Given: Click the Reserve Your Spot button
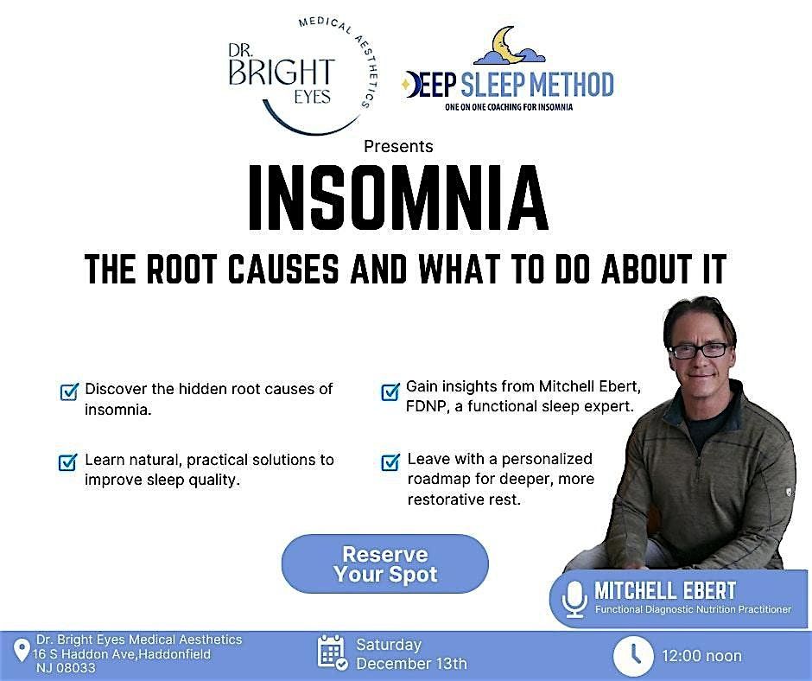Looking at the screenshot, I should tap(385, 564).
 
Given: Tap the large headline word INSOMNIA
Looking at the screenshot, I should tap(398, 198).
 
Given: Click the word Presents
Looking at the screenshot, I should tap(398, 146).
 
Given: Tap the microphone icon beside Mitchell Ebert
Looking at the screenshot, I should tap(574, 599).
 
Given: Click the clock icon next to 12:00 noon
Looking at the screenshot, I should tap(633, 657).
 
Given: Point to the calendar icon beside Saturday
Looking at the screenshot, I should tap(333, 653).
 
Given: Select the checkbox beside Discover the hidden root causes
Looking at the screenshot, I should tap(68, 391).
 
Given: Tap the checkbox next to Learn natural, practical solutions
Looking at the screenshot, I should tap(68, 461).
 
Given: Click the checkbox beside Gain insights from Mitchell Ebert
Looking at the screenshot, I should tap(390, 391).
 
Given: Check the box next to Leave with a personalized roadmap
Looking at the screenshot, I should tap(390, 461).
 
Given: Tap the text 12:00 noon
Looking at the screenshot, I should tap(701, 657).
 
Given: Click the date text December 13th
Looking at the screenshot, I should tap(411, 664).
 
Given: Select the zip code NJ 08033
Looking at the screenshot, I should tap(67, 668).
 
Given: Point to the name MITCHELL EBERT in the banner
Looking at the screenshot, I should tap(665, 591).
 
